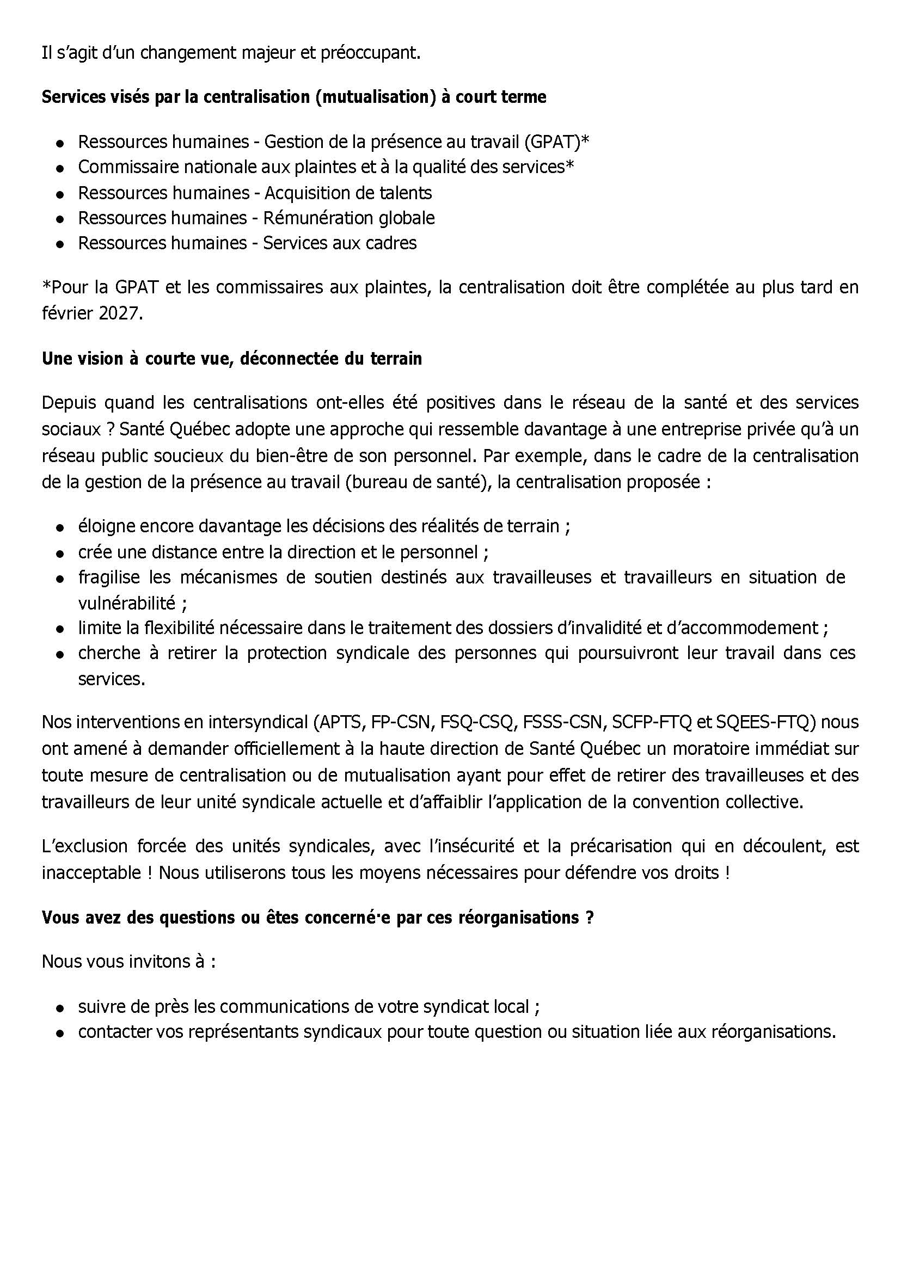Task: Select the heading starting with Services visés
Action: click(293, 97)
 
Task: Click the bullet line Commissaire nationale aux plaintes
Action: click(326, 167)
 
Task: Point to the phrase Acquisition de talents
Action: click(348, 193)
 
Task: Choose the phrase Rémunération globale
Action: click(348, 218)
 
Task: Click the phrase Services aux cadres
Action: click(340, 243)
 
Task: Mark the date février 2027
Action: click(91, 313)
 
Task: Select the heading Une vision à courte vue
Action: click(231, 359)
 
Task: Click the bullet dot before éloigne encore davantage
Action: click(59, 527)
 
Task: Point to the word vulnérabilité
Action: click(126, 603)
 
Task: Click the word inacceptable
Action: click(93, 873)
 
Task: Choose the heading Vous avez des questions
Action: click(317, 918)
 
